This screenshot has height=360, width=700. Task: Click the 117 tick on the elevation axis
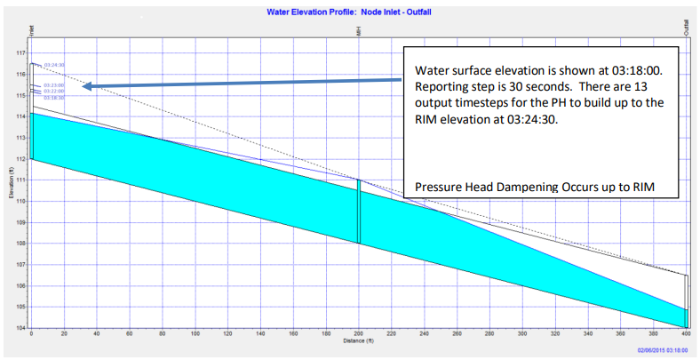click(20, 52)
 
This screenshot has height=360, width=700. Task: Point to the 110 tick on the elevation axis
click(20, 201)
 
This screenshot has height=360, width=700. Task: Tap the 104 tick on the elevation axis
click(20, 328)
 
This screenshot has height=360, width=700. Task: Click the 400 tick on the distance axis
click(686, 334)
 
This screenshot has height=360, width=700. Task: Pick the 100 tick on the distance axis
click(195, 334)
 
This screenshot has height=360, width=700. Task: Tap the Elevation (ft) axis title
click(9, 190)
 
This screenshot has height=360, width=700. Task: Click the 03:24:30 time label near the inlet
click(54, 65)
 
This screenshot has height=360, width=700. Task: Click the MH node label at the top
click(358, 33)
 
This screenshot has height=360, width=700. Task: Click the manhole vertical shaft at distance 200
click(359, 211)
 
